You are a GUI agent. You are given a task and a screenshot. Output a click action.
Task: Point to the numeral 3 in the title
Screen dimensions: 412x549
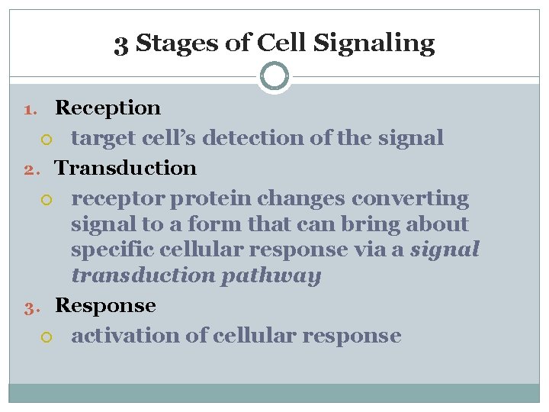pos(120,43)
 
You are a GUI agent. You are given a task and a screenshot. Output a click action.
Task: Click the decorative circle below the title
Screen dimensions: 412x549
pos(274,76)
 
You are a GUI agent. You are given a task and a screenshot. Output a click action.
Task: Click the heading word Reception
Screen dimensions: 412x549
pos(108,108)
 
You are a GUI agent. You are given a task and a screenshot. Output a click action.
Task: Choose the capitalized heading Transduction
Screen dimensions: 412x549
pos(126,168)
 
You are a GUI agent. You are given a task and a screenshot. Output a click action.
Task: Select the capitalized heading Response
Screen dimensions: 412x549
pos(106,306)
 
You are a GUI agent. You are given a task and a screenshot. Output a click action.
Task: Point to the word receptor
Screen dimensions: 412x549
pos(118,199)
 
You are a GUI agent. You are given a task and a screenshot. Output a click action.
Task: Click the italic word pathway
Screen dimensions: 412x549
pos(271,275)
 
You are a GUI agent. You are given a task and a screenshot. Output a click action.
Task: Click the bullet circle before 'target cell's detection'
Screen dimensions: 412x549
pos(47,139)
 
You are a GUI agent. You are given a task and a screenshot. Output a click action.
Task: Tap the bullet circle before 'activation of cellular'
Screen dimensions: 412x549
pos(47,336)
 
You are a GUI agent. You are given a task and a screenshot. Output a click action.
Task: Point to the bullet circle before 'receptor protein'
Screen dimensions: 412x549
pos(47,199)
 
